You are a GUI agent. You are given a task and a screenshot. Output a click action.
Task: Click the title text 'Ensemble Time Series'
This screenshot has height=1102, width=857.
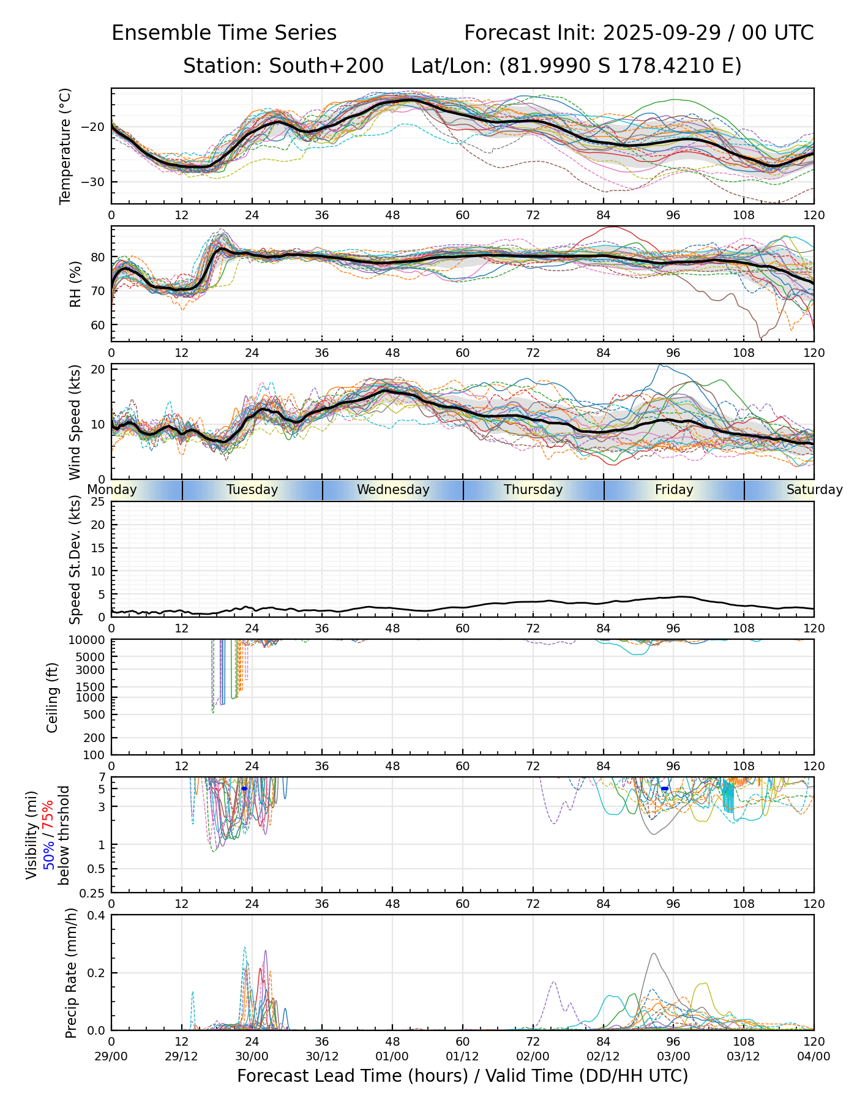(224, 33)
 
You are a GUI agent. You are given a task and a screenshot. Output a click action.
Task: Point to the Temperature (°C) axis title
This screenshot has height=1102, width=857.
(65, 146)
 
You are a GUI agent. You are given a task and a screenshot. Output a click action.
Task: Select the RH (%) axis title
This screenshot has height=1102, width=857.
(75, 284)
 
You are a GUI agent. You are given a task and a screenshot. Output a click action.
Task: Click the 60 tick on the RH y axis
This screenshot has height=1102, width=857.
(98, 325)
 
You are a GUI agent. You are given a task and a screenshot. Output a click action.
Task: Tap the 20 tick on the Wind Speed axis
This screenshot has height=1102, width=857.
(98, 369)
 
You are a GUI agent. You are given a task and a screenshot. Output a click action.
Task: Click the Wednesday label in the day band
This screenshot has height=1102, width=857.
(393, 490)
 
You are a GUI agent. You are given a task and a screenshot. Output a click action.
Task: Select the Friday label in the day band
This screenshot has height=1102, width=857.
(674, 490)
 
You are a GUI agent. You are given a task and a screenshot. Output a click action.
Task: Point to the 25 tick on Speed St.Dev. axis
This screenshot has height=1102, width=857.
(98, 502)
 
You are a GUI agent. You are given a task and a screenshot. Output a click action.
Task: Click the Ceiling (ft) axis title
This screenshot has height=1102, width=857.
(53, 697)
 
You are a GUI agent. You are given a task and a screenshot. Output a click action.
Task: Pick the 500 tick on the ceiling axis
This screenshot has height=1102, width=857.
(94, 714)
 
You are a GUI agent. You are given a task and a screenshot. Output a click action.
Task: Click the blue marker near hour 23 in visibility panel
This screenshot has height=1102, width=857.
(244, 789)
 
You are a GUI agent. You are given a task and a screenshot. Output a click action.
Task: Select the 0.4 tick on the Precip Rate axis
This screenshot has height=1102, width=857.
(97, 915)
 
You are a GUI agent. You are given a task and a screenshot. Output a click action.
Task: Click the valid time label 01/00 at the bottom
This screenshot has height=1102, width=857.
(392, 1056)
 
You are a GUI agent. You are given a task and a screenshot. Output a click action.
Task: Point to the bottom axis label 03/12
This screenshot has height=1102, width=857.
(744, 1056)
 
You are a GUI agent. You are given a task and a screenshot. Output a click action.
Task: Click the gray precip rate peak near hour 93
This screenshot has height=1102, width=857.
(654, 954)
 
